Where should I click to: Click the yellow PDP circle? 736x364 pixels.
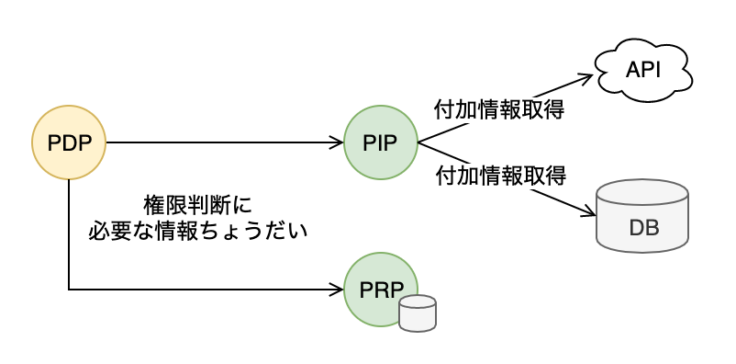(x=69, y=142)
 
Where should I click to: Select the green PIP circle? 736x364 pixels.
(x=381, y=142)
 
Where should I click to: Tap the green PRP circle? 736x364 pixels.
(x=381, y=290)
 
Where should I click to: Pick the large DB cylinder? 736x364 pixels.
(x=642, y=216)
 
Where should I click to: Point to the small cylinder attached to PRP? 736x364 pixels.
(x=418, y=313)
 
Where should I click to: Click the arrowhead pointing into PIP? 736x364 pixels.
(x=338, y=142)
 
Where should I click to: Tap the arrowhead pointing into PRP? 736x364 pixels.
(x=338, y=290)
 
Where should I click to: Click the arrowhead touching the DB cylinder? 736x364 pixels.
(x=588, y=211)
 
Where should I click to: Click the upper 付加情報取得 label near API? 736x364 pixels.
(x=499, y=110)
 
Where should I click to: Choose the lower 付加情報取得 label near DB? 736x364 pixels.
(x=501, y=176)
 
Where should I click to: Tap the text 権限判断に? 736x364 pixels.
(x=197, y=206)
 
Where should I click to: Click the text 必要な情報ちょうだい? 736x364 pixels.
(x=197, y=232)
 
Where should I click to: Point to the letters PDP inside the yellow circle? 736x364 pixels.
(x=69, y=143)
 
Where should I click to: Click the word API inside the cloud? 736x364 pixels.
(x=643, y=70)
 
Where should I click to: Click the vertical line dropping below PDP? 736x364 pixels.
(x=69, y=234)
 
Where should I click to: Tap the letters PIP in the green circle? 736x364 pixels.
(x=380, y=143)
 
